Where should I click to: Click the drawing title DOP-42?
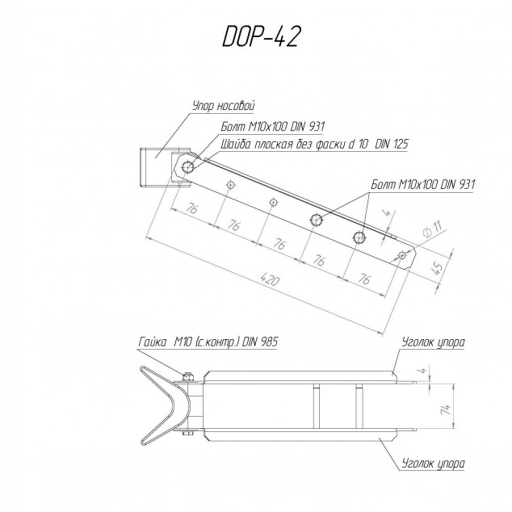click(x=260, y=36)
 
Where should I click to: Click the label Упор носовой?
click(x=224, y=106)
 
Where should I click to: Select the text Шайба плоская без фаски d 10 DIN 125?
click(x=315, y=144)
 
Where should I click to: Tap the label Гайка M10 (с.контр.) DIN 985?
click(x=208, y=342)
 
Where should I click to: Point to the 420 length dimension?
click(x=271, y=280)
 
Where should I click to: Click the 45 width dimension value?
click(x=439, y=267)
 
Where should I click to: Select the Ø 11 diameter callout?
click(x=432, y=229)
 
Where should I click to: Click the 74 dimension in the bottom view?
click(x=446, y=408)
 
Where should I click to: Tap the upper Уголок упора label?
click(x=433, y=342)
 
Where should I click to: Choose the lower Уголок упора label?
click(x=433, y=464)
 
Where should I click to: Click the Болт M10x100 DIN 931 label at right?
click(x=423, y=185)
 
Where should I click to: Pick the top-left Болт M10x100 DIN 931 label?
click(x=273, y=126)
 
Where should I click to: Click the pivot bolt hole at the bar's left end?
click(x=188, y=167)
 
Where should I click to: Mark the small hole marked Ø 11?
click(x=402, y=255)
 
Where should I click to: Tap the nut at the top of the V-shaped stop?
click(x=187, y=377)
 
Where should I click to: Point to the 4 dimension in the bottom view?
click(x=423, y=371)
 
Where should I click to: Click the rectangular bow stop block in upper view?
click(x=156, y=167)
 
